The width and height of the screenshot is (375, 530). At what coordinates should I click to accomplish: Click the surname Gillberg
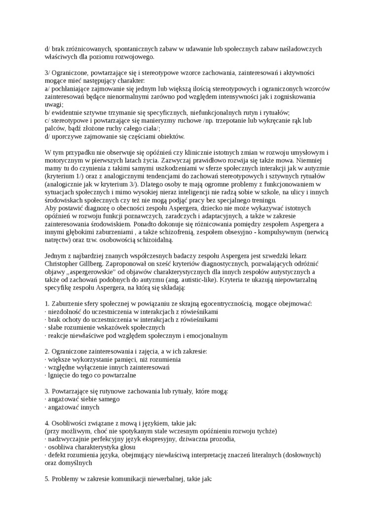[98, 264]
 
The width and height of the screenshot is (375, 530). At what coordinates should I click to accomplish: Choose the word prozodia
[219, 439]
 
